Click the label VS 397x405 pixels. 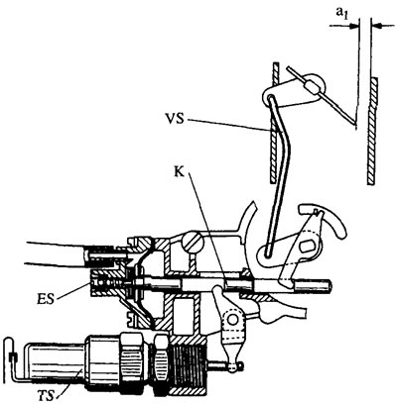175,119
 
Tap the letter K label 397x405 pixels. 180,173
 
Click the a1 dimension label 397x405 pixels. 342,13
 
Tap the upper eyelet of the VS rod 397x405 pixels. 270,97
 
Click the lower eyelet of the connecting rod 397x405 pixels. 268,253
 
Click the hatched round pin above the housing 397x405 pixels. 192,244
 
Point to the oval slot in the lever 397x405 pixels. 307,247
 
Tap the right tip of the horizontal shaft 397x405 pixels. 330,285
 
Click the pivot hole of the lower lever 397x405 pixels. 233,319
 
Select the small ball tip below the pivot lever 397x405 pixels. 234,367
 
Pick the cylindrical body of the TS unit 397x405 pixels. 56,363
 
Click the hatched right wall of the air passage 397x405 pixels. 371,131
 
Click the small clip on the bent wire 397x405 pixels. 13,356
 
